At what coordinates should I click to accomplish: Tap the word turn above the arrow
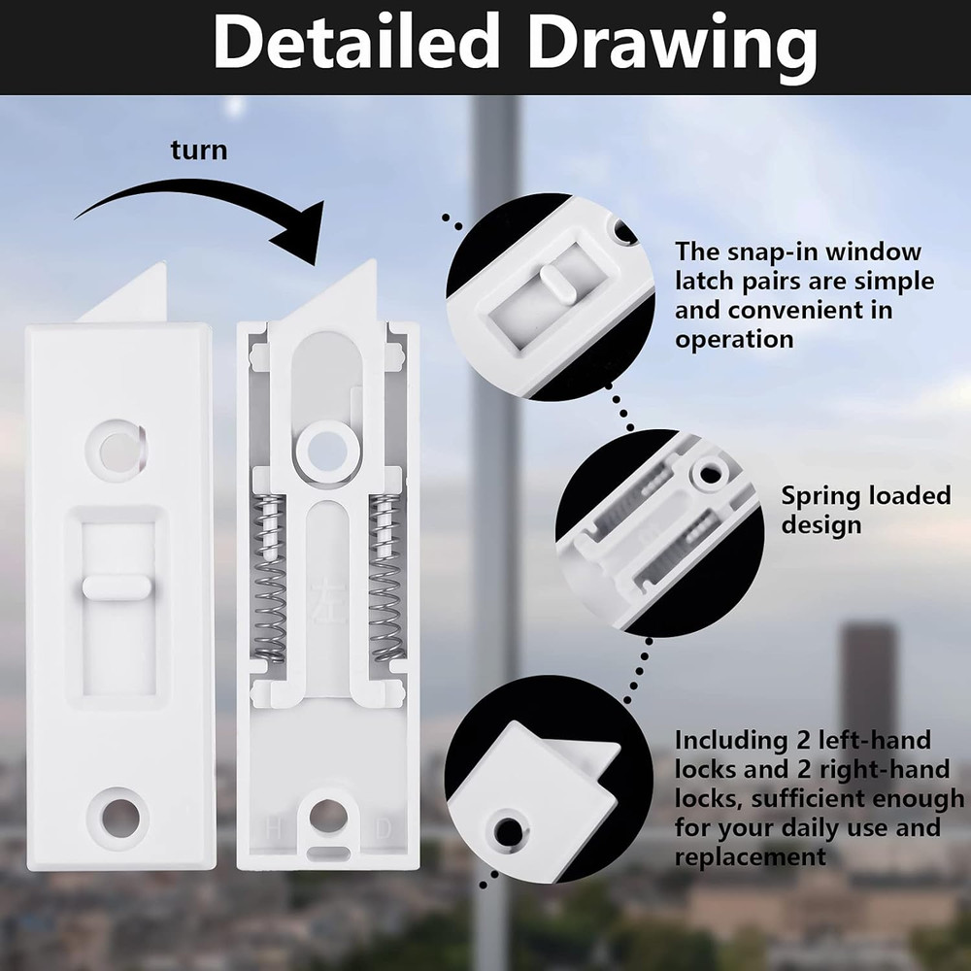199,151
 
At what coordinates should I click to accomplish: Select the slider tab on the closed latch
116,586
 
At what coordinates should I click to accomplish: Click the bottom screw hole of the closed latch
117,814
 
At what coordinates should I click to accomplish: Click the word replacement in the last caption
750,856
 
